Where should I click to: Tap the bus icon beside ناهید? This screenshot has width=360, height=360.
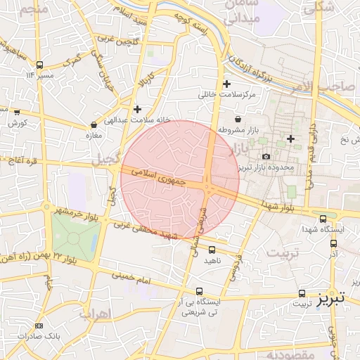pyautogui.click(x=213, y=250)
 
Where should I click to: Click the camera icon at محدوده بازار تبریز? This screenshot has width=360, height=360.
pyautogui.click(x=265, y=156)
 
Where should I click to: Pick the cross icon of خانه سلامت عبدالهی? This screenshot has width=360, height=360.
pyautogui.click(x=137, y=108)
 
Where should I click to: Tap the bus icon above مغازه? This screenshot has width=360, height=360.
pyautogui.click(x=94, y=124)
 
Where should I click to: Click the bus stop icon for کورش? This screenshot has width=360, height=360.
pyautogui.click(x=17, y=112)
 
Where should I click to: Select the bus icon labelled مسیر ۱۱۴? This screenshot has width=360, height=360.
pyautogui.click(x=39, y=65)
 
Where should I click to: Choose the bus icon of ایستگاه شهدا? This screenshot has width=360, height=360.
pyautogui.click(x=323, y=219)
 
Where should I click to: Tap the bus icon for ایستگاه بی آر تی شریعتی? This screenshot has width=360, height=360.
pyautogui.click(x=200, y=290)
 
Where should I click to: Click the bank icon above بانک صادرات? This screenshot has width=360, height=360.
pyautogui.click(x=39, y=326)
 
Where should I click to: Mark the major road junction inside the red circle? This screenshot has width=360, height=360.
pyautogui.click(x=209, y=188)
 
